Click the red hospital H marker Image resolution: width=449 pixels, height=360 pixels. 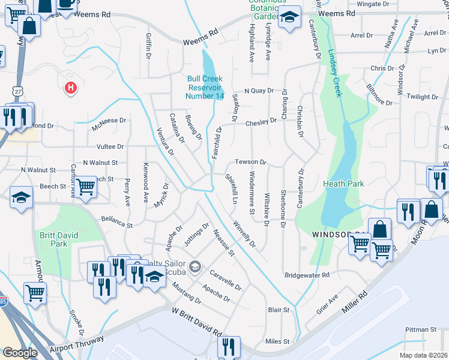(71, 88)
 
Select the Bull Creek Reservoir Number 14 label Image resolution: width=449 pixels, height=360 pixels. (205, 87)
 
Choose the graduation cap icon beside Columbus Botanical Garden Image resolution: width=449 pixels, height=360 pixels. (290, 17)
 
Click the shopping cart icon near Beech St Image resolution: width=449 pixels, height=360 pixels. (86, 187)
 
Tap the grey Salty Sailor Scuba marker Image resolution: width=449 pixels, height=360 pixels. (194, 266)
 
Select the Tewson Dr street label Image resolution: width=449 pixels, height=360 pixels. (250, 162)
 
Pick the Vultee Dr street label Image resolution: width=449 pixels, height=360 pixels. (110, 146)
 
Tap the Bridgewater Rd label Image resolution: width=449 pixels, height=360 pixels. (307, 275)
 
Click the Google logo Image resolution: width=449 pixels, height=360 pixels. (20, 353)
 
